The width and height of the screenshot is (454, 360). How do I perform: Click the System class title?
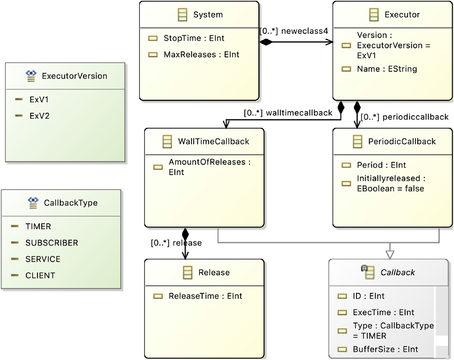(208, 15)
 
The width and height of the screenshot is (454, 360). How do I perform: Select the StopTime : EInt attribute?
(194, 38)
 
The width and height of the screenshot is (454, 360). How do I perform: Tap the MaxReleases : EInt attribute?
(201, 55)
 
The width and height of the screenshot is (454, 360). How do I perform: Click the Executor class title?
(402, 15)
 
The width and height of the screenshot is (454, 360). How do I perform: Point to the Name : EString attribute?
(387, 69)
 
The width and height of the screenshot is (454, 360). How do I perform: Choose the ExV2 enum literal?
(39, 116)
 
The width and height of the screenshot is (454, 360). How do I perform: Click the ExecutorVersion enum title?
(74, 76)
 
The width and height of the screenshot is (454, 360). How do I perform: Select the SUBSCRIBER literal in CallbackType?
(52, 243)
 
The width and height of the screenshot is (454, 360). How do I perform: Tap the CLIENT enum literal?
(40, 276)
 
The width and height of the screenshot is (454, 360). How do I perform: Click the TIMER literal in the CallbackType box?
(38, 226)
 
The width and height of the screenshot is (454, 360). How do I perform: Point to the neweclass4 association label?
(304, 31)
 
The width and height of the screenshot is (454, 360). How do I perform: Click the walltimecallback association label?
(299, 113)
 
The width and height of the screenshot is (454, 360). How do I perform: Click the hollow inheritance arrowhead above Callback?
(390, 255)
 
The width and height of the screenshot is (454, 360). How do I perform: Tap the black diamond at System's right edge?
(266, 42)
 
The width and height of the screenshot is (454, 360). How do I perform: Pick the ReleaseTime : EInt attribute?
(205, 296)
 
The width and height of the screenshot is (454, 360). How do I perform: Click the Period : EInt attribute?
(381, 165)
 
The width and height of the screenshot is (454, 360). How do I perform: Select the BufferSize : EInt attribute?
(385, 349)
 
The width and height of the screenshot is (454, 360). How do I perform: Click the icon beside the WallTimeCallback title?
(167, 141)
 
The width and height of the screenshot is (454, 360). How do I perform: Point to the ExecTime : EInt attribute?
(383, 312)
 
